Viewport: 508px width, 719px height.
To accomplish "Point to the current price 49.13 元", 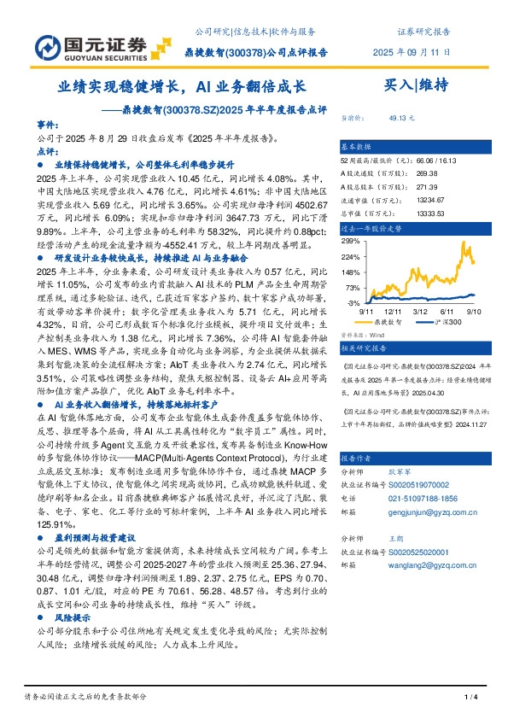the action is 400,118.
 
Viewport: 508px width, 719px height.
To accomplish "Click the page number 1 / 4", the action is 470,698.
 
